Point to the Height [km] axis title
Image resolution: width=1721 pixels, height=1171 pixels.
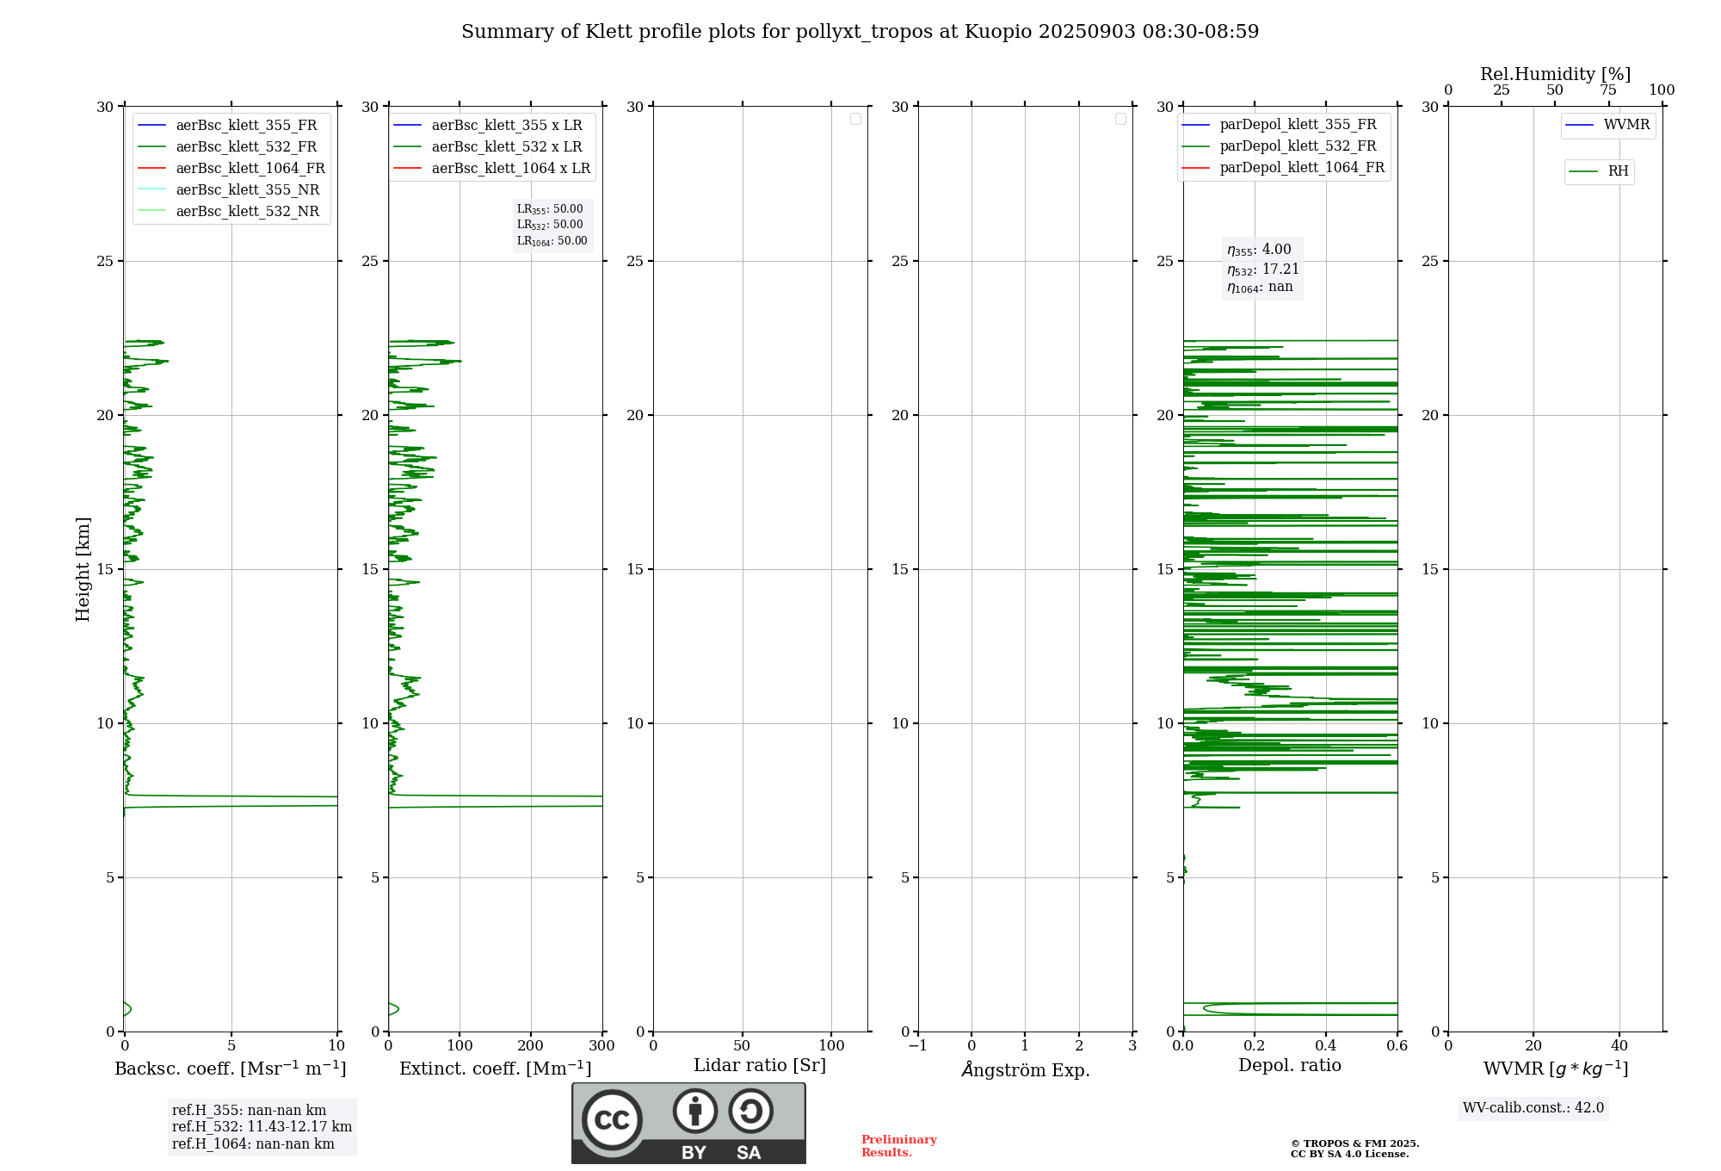(x=83, y=568)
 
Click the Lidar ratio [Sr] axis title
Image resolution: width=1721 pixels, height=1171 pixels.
(x=760, y=1065)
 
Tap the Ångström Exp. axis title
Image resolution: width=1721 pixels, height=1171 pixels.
(x=1026, y=1069)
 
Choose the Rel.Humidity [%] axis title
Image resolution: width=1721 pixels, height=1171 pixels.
(x=1555, y=74)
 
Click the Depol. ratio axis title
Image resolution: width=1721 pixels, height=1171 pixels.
(x=1290, y=1065)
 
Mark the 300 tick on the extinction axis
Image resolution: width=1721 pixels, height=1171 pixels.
(x=602, y=1046)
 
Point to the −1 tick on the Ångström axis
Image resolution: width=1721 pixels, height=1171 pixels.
(x=918, y=1046)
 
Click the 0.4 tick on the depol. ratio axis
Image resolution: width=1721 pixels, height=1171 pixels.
(x=1326, y=1046)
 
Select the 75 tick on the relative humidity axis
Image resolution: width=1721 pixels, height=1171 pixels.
(x=1608, y=90)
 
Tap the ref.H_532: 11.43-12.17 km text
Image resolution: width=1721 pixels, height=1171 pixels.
(x=262, y=1127)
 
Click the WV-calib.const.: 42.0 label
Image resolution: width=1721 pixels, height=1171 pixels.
(x=1533, y=1108)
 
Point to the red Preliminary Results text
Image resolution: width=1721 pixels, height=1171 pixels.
(x=898, y=1146)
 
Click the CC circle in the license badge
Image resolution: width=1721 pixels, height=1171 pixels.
(x=612, y=1120)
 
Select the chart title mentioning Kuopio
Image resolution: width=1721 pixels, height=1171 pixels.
(x=860, y=32)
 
